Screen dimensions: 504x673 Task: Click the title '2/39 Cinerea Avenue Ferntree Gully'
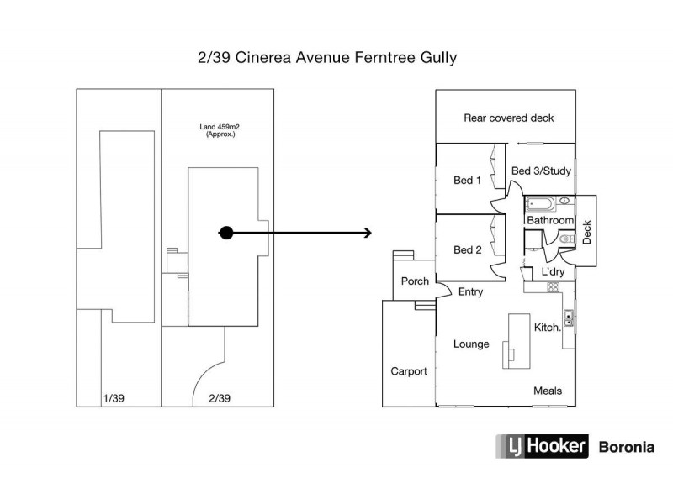(x=326, y=59)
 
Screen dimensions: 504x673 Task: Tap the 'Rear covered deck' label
(x=509, y=118)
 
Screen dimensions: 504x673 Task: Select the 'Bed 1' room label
(x=467, y=180)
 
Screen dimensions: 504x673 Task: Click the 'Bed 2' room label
(x=467, y=249)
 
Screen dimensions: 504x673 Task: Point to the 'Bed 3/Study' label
(x=542, y=171)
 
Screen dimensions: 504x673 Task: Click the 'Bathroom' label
(x=549, y=220)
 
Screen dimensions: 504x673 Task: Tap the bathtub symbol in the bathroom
(x=538, y=202)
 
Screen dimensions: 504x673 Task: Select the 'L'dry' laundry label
(x=553, y=272)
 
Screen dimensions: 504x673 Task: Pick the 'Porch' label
(x=414, y=281)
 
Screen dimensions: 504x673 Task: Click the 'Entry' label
(x=470, y=291)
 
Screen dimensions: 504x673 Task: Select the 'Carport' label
(x=409, y=370)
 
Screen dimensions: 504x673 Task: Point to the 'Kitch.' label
(x=548, y=328)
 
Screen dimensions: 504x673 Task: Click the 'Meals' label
(x=548, y=391)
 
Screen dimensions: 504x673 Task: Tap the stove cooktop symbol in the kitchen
(x=553, y=287)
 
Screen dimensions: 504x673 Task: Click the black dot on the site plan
(x=225, y=233)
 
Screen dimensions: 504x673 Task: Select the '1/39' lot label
(x=112, y=397)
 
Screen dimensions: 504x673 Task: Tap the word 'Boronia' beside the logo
(x=625, y=447)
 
